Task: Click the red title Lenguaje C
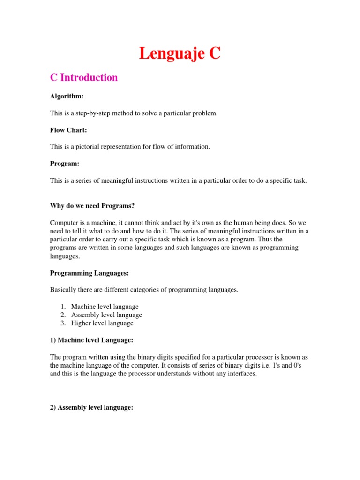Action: pos(180,53)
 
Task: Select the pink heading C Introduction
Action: pos(84,77)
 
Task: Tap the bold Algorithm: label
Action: pos(67,96)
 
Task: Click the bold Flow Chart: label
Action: pos(68,130)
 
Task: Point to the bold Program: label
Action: pos(65,164)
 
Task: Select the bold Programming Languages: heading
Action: pos(89,273)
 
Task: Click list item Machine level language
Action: pos(105,307)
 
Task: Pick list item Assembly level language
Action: pos(106,315)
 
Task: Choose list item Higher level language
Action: pos(102,323)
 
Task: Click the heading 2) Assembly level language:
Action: pos(92,408)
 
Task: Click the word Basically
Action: pos(64,290)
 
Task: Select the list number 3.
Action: pos(63,323)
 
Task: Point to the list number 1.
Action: pos(63,307)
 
